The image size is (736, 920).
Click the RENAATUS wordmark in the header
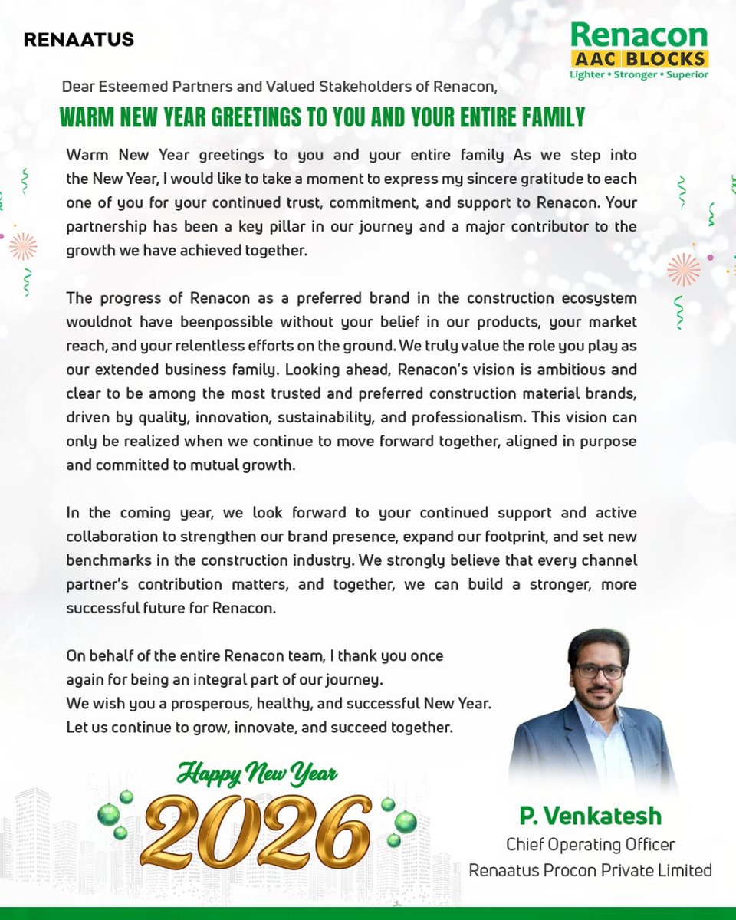(x=79, y=39)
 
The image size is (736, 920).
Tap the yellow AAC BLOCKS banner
(x=640, y=59)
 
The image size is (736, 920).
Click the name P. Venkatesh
(x=590, y=814)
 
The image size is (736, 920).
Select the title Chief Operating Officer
(x=590, y=844)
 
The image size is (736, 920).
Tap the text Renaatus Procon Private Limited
(x=590, y=870)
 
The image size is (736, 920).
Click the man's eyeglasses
(x=600, y=671)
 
